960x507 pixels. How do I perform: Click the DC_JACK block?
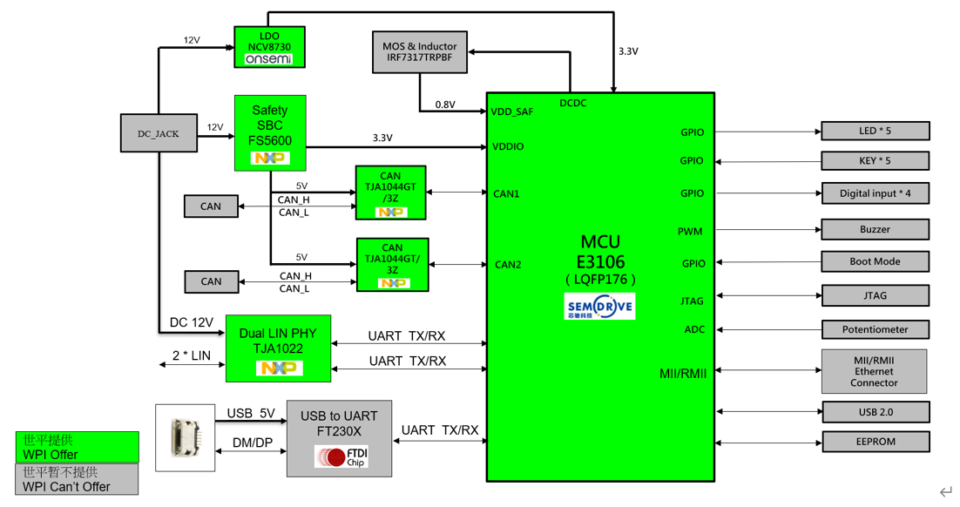point(159,133)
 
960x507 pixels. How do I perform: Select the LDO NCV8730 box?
point(270,47)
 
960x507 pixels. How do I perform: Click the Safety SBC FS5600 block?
point(270,132)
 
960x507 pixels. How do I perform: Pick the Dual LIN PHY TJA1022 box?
point(278,348)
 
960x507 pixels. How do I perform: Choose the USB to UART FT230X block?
point(339,438)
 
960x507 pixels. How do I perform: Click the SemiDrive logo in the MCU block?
point(600,306)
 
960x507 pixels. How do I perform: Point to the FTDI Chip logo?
point(341,456)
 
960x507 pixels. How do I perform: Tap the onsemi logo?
point(269,59)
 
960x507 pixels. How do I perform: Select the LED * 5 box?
point(875,132)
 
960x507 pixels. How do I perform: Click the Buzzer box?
point(875,230)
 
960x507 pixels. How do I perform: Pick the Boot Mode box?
point(875,261)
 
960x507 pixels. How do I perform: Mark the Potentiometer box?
point(875,329)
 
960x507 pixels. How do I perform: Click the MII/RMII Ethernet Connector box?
point(874,371)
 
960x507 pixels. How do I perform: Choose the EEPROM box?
point(875,442)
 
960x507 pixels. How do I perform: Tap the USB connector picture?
point(186,438)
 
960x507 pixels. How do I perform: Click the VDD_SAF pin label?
point(512,112)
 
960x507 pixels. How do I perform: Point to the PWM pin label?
point(690,232)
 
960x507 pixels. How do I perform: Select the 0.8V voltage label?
point(445,105)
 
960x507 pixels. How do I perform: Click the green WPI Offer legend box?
point(77,447)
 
